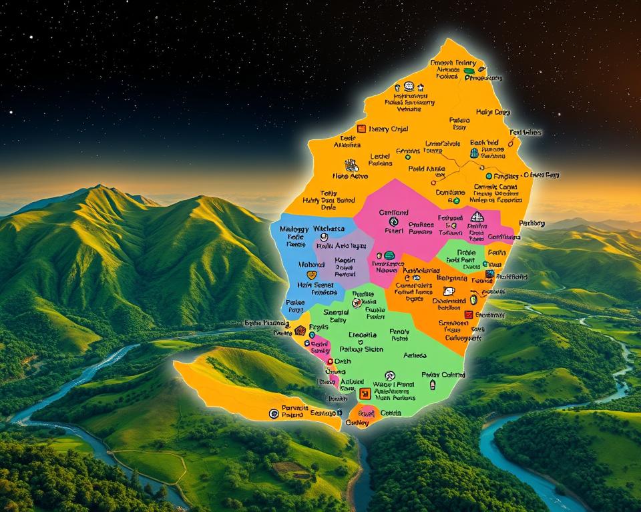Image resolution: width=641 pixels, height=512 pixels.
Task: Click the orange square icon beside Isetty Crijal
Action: click(361, 129)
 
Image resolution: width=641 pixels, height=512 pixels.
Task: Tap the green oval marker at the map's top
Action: click(469, 70)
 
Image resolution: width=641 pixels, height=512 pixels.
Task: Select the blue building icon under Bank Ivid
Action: click(474, 153)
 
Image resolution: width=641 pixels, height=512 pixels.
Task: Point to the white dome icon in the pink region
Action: click(477, 217)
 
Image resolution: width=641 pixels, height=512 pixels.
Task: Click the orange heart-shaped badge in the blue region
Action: click(311, 275)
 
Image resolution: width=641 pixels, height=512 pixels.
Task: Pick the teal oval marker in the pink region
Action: click(389, 255)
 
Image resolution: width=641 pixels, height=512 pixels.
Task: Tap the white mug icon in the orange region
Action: click(449, 291)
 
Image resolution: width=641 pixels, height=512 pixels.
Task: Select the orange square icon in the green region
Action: click(365, 393)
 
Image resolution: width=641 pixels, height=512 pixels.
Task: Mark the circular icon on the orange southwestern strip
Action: click(273, 414)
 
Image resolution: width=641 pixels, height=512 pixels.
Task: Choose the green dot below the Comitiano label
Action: click(457, 200)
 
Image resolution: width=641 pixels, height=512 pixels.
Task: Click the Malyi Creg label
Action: click(493, 112)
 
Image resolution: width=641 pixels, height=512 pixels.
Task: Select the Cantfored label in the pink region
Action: click(393, 213)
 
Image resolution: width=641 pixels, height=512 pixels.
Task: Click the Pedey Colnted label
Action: click(443, 375)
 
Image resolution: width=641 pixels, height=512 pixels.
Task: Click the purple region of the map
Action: click(341, 257)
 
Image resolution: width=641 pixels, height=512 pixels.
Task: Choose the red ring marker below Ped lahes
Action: click(511, 142)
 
